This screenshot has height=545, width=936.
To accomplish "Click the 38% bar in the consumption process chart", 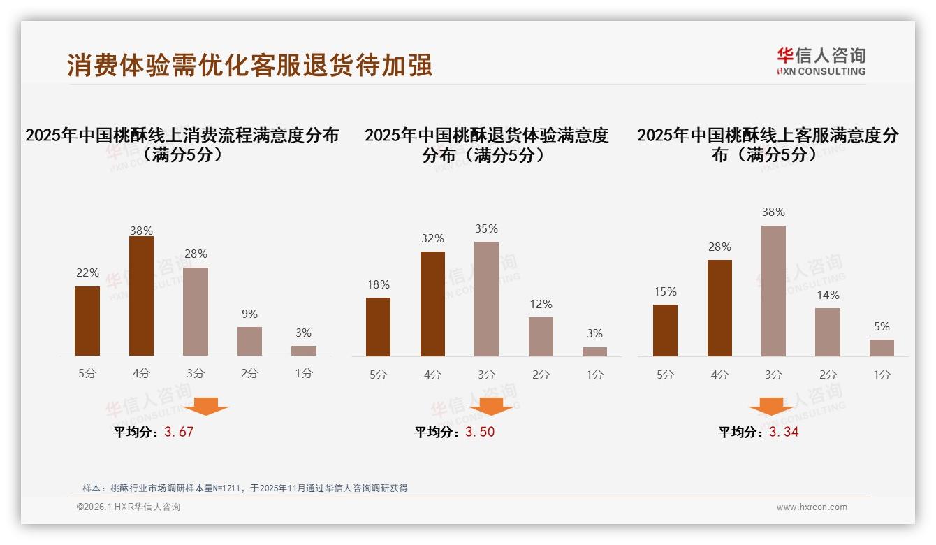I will (141, 296).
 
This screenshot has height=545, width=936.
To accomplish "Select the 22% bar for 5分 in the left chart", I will (87, 321).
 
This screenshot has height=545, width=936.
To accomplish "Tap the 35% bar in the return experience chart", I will (486, 299).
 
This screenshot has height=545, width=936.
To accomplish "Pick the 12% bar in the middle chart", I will (541, 337).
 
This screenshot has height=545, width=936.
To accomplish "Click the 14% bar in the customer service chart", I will (828, 333).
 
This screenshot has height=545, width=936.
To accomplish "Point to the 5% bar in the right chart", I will (882, 348).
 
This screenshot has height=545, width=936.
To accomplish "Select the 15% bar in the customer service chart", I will (665, 330).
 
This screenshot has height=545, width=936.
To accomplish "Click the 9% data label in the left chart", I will (249, 314).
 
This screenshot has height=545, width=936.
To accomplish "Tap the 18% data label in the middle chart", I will (378, 285).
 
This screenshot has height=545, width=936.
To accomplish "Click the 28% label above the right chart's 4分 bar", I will (719, 247).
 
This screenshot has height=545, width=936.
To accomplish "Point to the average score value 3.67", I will (179, 432).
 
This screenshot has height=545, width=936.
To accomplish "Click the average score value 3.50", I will (480, 432).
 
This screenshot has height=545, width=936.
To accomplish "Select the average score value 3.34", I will (784, 432).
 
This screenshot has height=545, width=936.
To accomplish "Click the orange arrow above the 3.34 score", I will (771, 407).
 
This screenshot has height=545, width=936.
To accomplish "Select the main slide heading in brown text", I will (249, 65).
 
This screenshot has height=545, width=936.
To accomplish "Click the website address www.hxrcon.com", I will (812, 507).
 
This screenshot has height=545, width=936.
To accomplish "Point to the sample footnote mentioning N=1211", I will (244, 488).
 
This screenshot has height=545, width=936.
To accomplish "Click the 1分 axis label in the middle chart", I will (594, 375).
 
